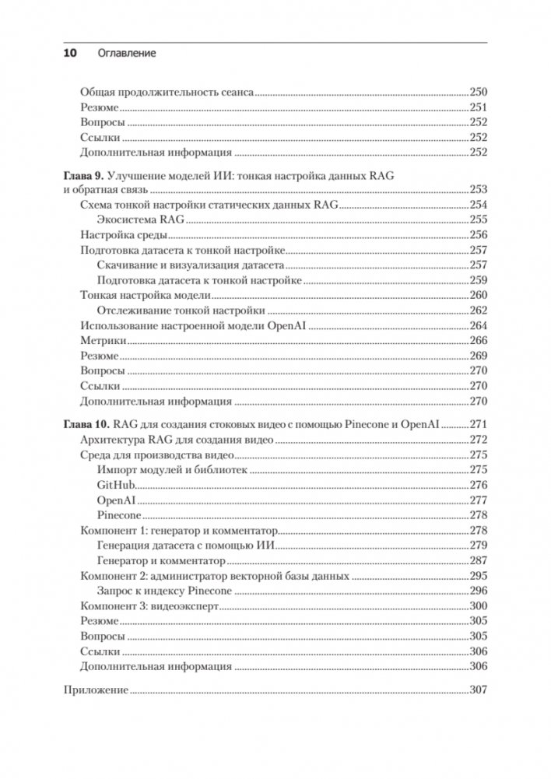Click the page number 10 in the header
click(68, 54)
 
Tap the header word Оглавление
click(127, 54)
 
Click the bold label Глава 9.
click(81, 175)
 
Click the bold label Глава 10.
click(84, 425)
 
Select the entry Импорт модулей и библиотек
click(172, 471)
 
